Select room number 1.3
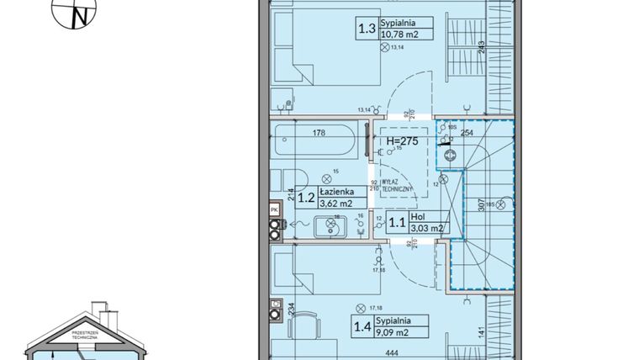[367, 29]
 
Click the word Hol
[417, 217]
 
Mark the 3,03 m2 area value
[425, 228]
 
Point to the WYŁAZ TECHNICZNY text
[394, 186]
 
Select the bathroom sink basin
[330, 225]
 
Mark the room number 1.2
[305, 199]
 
